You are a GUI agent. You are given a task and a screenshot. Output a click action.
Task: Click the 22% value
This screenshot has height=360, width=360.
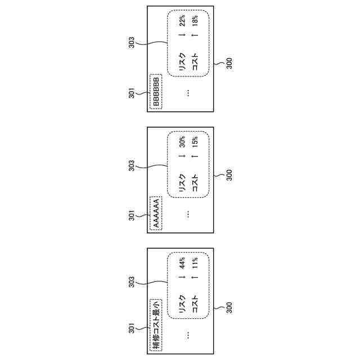(182, 21)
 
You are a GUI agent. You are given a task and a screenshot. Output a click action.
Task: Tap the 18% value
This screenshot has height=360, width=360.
(195, 21)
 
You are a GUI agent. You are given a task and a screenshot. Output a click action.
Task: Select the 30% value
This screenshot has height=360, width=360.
(182, 142)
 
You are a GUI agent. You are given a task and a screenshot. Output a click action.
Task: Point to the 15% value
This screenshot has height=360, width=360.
(195, 142)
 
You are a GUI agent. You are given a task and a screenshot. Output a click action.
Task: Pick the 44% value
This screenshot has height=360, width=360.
(182, 263)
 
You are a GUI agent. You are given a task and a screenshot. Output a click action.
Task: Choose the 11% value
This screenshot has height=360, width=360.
(195, 263)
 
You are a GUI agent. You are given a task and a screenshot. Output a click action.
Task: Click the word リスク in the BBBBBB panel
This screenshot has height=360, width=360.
(182, 66)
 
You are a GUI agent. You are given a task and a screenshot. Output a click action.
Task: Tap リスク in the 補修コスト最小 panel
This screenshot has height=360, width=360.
(182, 308)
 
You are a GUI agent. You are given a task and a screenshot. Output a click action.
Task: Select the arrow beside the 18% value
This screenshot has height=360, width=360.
(195, 37)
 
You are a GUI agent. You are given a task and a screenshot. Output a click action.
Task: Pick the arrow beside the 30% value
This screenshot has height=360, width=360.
(182, 157)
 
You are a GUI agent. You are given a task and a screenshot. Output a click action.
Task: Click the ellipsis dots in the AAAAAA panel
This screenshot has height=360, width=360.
(188, 213)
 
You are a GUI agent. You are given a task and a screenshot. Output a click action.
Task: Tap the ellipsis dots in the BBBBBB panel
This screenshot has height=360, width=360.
(188, 93)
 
